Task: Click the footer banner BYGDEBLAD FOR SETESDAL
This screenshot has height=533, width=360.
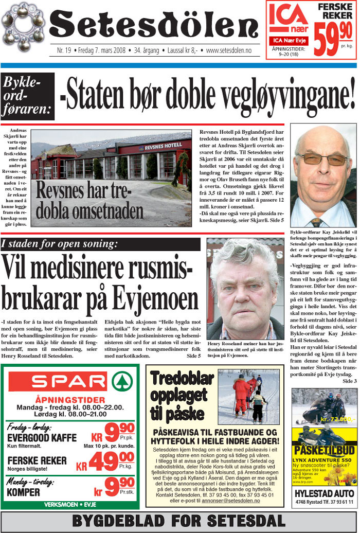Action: point(179,520)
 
